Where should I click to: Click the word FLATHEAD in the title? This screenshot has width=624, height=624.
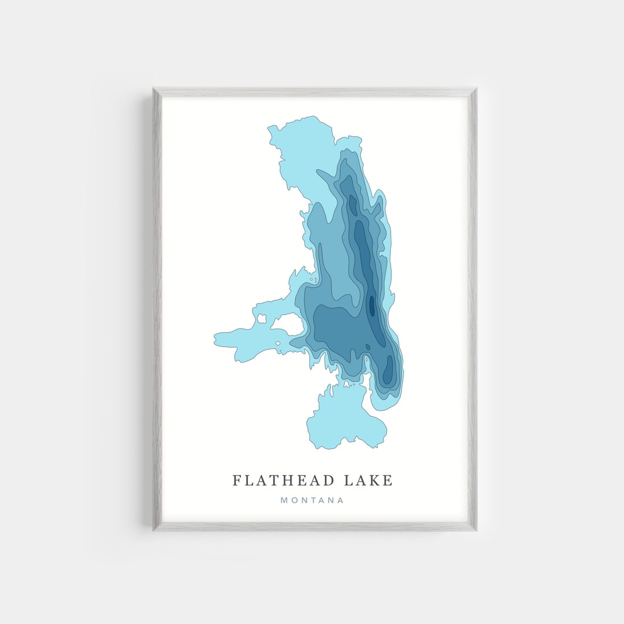(283, 480)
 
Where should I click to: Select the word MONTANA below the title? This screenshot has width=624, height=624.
(312, 500)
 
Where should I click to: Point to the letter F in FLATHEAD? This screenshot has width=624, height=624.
(236, 480)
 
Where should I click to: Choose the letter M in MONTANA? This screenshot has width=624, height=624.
(284, 500)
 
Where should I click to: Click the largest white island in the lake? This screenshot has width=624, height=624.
(289, 324)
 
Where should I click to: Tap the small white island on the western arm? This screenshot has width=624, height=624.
(262, 318)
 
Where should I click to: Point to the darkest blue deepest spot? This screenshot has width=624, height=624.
(372, 305)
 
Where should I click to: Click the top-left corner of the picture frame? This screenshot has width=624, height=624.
(154, 88)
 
